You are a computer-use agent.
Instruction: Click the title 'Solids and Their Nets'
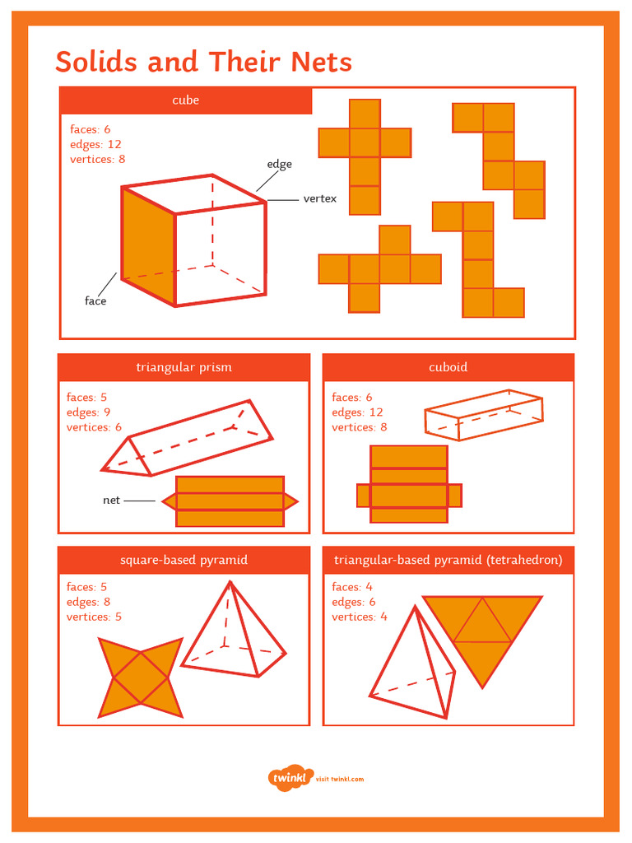pyautogui.click(x=203, y=63)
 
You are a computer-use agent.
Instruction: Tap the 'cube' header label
pyautogui.click(x=185, y=100)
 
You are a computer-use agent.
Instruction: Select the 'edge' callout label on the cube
pyautogui.click(x=279, y=165)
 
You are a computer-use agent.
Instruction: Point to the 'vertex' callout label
pyautogui.click(x=319, y=198)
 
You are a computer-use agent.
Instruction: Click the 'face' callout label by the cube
pyautogui.click(x=95, y=301)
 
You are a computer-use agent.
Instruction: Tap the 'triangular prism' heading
pyautogui.click(x=184, y=367)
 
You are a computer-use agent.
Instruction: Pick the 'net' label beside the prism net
pyautogui.click(x=111, y=500)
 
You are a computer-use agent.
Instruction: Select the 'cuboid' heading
pyautogui.click(x=448, y=367)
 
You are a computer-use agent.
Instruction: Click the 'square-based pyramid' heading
pyautogui.click(x=184, y=560)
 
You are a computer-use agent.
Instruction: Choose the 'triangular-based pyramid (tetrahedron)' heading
pyautogui.click(x=448, y=560)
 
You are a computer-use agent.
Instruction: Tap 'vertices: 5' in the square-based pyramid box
pyautogui.click(x=94, y=617)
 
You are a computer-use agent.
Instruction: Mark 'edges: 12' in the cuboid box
pyautogui.click(x=357, y=412)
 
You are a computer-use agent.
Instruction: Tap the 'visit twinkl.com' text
pyautogui.click(x=340, y=779)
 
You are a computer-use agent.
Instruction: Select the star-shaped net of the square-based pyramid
pyautogui.click(x=140, y=677)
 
